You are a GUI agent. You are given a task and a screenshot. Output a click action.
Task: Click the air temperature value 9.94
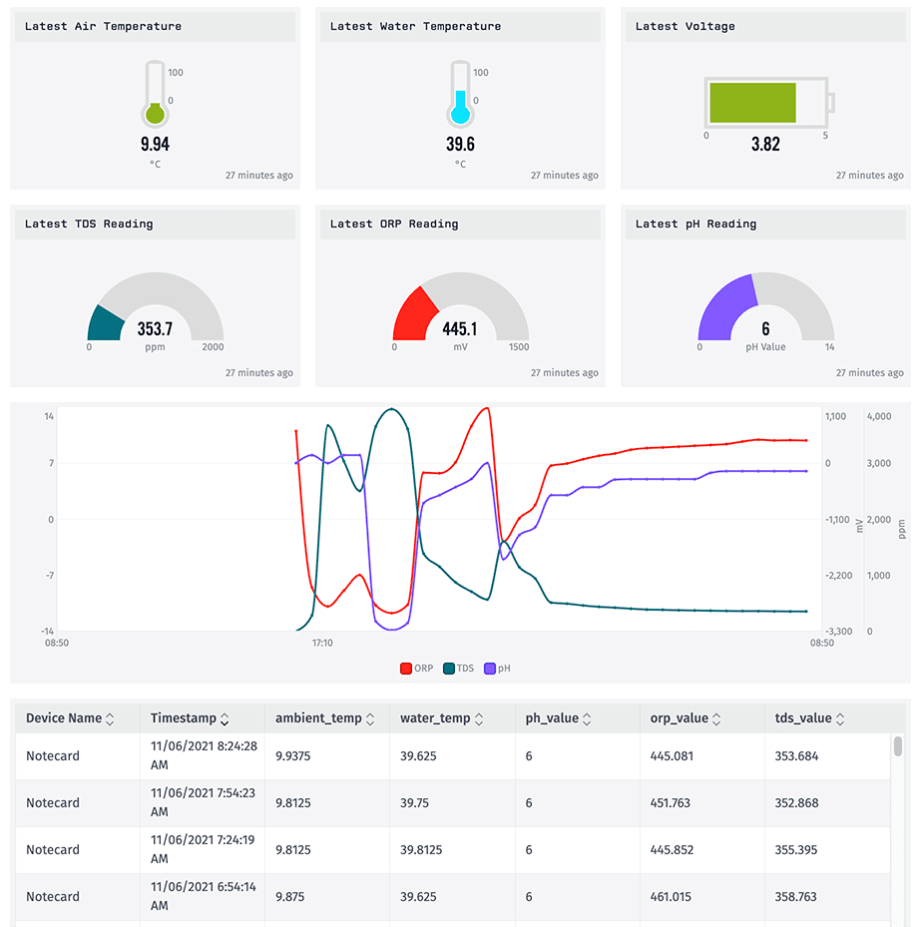[x=155, y=144]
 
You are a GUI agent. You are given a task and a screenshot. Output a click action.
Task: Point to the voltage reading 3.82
[x=765, y=144]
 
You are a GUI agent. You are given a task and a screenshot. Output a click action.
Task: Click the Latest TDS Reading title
[x=89, y=224]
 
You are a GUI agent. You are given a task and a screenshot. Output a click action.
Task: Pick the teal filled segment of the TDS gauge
[x=105, y=323]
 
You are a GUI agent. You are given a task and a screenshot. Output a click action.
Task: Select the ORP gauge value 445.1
[x=460, y=328]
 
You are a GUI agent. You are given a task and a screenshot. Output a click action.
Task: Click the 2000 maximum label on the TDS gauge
[x=213, y=347]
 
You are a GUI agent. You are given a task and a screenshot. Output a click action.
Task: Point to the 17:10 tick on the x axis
[x=321, y=644]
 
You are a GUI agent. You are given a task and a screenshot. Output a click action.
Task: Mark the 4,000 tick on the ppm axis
[x=878, y=416]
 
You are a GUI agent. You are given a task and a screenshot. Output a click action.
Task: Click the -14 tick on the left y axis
[x=47, y=631]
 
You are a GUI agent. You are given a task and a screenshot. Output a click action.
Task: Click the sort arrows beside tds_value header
[x=840, y=718]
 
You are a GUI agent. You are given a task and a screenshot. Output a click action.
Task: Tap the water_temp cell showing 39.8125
[x=421, y=850]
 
